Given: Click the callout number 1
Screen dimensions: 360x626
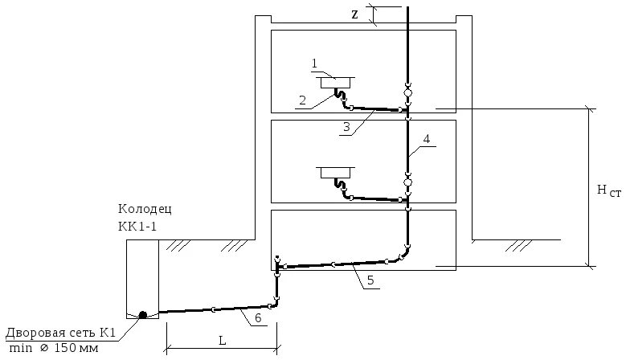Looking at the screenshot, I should pyautogui.click(x=316, y=62).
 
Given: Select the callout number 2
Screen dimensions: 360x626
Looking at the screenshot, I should pyautogui.click(x=303, y=100).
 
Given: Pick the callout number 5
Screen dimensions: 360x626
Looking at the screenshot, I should pyautogui.click(x=370, y=280).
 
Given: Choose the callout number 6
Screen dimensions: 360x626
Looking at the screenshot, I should pyautogui.click(x=257, y=319).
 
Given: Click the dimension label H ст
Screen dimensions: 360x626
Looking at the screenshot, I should pyautogui.click(x=608, y=190).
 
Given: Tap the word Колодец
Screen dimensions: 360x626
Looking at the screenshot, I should pyautogui.click(x=144, y=210).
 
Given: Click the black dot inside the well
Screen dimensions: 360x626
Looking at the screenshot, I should pyautogui.click(x=143, y=314).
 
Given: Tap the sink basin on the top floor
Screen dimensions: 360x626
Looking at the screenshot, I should pyautogui.click(x=337, y=82).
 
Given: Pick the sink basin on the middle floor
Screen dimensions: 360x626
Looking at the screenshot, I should pyautogui.click(x=337, y=172).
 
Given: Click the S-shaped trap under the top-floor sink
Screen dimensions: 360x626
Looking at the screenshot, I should pyautogui.click(x=342, y=99).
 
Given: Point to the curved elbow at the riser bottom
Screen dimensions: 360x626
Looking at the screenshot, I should pyautogui.click(x=403, y=253).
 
